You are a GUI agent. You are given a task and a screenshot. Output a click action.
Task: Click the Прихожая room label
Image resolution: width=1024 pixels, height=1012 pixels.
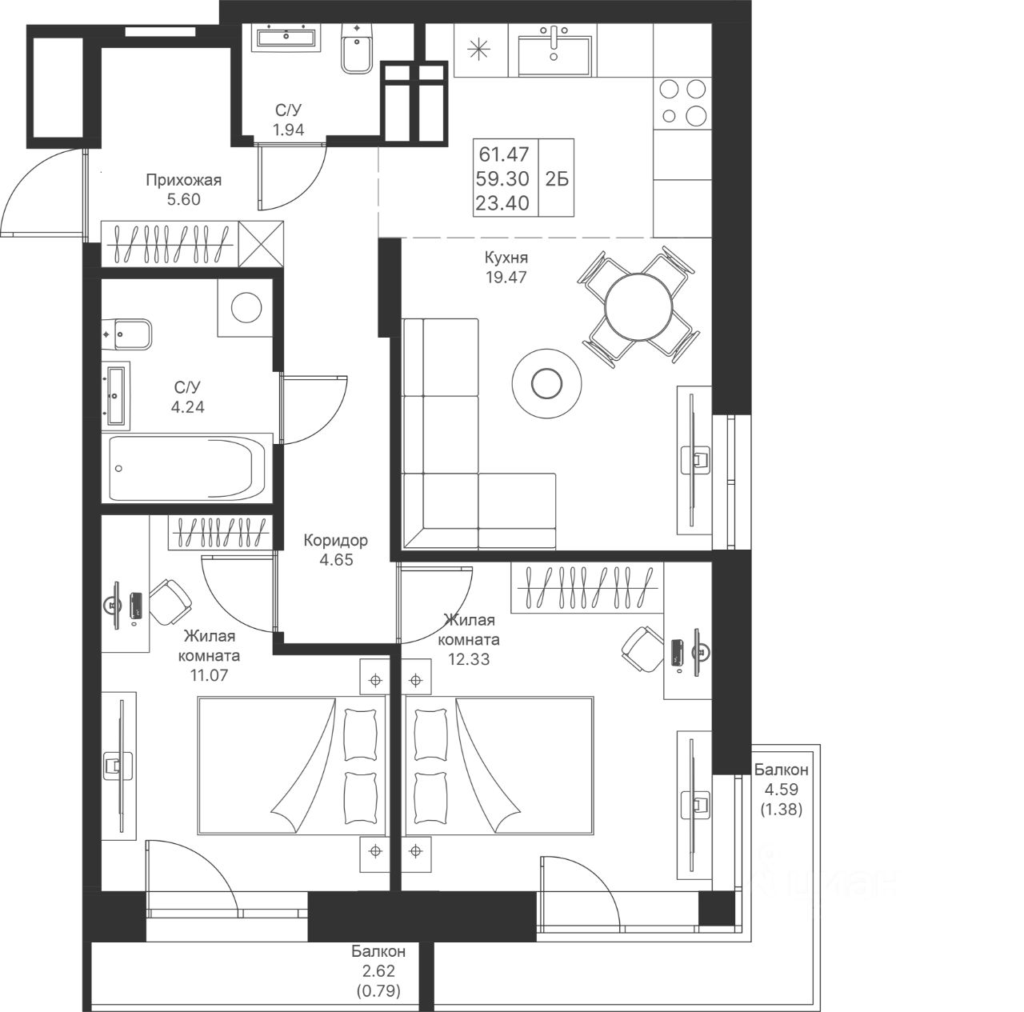pyautogui.click(x=183, y=180)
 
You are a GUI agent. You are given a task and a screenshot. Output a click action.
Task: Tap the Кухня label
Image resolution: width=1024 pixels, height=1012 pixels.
pyautogui.click(x=506, y=258)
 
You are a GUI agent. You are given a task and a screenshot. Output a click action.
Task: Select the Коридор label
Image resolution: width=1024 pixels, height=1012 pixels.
pyautogui.click(x=335, y=541)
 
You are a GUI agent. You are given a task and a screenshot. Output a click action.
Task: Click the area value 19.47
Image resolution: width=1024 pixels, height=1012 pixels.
pyautogui.click(x=506, y=277)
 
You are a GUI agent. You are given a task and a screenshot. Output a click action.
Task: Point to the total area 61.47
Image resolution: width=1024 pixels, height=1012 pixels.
pyautogui.click(x=504, y=154)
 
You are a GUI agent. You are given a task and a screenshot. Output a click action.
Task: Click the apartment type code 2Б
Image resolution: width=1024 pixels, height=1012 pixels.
pyautogui.click(x=556, y=179)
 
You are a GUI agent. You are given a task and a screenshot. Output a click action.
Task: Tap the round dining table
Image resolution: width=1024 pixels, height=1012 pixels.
pyautogui.click(x=638, y=306)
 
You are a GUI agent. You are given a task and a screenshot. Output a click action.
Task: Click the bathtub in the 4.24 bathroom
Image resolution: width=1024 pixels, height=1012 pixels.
pyautogui.click(x=187, y=468)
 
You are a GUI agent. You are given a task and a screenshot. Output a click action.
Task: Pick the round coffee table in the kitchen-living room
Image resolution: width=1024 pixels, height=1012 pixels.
pyautogui.click(x=546, y=382)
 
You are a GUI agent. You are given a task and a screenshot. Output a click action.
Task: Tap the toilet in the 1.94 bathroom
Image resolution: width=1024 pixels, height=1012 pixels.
pyautogui.click(x=358, y=49)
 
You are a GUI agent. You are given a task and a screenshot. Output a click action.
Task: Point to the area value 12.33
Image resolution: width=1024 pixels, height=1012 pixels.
pyautogui.click(x=468, y=659)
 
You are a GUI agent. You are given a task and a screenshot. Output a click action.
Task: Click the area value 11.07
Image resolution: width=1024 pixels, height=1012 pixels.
pyautogui.click(x=209, y=675)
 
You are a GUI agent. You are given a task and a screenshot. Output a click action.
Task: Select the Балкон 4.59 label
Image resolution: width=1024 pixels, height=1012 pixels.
pyautogui.click(x=781, y=779)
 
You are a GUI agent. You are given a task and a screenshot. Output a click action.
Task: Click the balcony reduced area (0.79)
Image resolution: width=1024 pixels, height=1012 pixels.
pyautogui.click(x=379, y=991)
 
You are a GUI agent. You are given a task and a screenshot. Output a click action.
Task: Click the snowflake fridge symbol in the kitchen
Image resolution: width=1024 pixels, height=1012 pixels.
pyautogui.click(x=478, y=50)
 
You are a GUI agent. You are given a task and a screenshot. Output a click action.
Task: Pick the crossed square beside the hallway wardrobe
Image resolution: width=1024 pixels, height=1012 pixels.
pyautogui.click(x=260, y=243)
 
